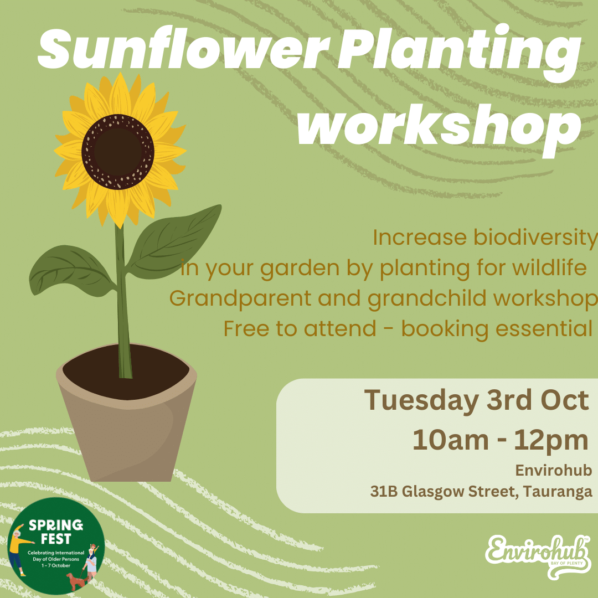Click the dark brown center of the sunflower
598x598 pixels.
[x=118, y=152]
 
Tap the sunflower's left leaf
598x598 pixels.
[x=70, y=271]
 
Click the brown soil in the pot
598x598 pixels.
[x=126, y=372]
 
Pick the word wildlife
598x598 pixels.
[x=549, y=267]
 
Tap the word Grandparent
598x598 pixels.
[x=240, y=299]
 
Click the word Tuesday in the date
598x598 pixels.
[x=421, y=400]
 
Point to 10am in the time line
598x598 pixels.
[x=450, y=440]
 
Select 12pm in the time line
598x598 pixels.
[x=551, y=441]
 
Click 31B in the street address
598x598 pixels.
[x=384, y=491]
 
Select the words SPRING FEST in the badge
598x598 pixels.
[x=56, y=532]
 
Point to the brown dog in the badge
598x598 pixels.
[x=76, y=580]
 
